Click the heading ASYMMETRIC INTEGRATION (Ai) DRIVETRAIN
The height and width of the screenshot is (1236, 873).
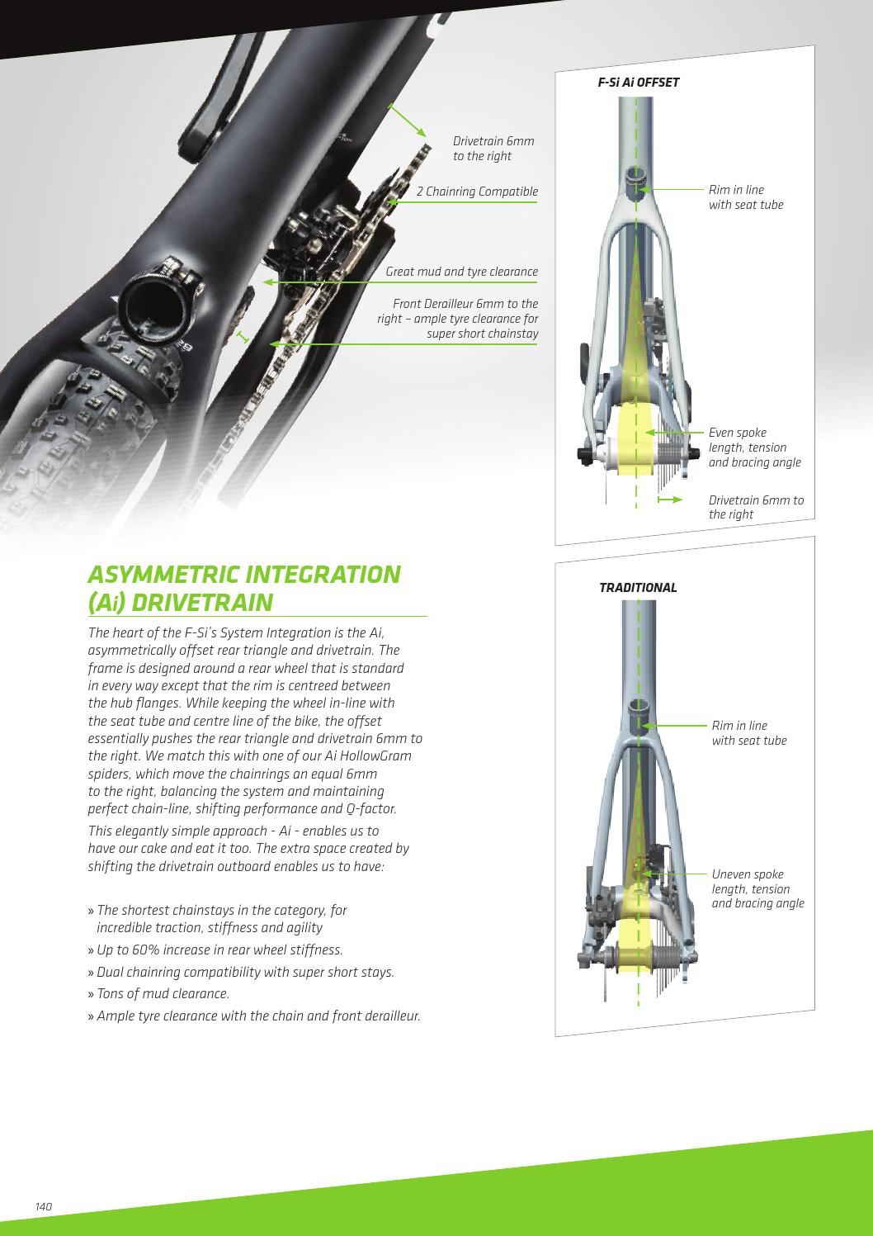[x=244, y=588]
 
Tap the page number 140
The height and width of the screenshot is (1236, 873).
[x=44, y=1206]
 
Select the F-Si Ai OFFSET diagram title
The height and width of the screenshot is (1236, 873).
[x=639, y=83]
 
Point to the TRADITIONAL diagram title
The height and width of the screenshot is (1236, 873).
[x=638, y=587]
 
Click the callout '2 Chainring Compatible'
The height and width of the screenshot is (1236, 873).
[x=477, y=192]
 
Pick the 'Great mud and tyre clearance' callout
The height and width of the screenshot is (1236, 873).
[x=461, y=272]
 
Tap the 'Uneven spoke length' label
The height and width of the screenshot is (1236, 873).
[x=757, y=888]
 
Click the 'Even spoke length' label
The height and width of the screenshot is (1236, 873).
[x=754, y=448]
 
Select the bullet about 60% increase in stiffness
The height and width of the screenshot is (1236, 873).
[x=215, y=949]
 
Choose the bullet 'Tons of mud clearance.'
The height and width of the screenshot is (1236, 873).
[x=158, y=994]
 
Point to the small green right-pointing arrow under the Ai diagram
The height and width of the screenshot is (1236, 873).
[x=669, y=500]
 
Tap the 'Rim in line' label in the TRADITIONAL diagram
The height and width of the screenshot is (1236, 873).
[x=749, y=733]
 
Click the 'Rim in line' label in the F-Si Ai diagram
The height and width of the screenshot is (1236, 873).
[x=746, y=197]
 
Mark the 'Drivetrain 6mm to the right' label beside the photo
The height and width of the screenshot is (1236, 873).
[x=493, y=149]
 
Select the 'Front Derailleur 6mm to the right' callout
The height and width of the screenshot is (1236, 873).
[x=458, y=319]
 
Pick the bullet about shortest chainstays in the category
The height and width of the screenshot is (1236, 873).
[x=217, y=919]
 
